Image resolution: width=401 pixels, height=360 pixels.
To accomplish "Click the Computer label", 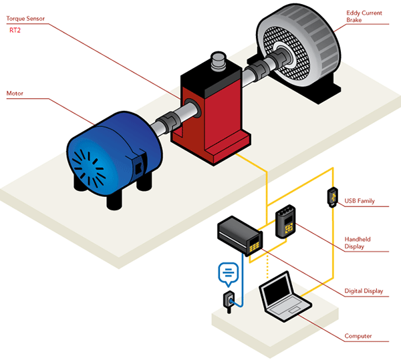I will [358, 336].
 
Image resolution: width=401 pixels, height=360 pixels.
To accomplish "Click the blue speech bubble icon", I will [228, 272].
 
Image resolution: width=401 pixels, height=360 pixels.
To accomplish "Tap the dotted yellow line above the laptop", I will [267, 267].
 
